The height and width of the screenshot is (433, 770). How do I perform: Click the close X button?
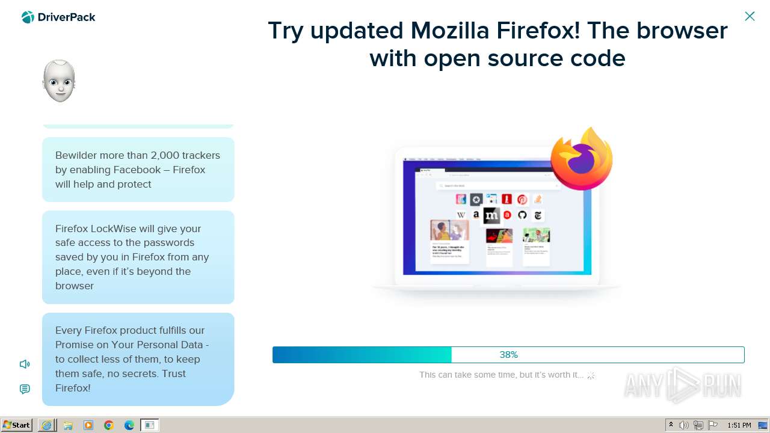750,16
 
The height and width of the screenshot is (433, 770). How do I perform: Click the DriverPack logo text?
66,17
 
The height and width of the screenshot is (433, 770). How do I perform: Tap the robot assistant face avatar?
59,81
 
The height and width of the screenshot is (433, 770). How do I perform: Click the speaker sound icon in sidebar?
25,364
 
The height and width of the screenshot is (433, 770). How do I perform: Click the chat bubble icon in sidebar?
25,389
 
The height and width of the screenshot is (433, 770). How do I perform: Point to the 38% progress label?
508,355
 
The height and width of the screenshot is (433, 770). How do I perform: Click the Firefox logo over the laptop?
581,159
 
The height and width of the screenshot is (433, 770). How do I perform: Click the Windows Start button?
16,425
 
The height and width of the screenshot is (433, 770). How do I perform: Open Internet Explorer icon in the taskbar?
46,425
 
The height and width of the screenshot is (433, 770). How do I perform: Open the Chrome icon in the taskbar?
109,425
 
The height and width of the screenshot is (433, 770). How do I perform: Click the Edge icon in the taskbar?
129,425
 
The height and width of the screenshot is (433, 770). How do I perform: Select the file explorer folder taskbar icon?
67,425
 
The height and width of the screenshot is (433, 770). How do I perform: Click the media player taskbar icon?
88,425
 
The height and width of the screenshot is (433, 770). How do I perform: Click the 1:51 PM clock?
739,425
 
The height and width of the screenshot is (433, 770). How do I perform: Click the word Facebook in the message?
137,170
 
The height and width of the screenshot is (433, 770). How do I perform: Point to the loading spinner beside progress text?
591,375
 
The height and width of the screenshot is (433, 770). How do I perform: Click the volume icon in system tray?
684,425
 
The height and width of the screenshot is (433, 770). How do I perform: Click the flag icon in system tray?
713,425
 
